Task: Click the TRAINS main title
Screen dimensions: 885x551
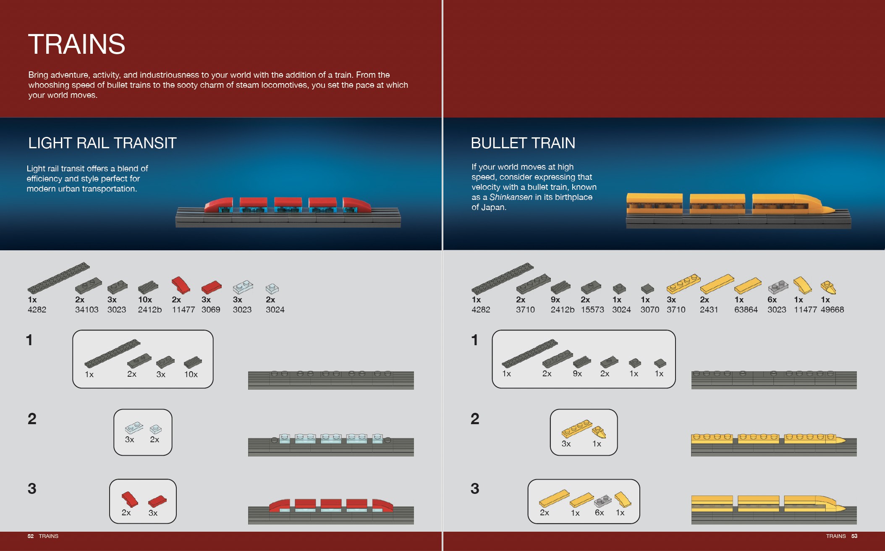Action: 76,44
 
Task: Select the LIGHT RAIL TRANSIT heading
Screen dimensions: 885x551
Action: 102,143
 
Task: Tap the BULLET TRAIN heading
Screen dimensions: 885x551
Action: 523,143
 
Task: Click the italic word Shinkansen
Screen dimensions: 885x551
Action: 511,197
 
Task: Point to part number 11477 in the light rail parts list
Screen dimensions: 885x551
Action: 183,310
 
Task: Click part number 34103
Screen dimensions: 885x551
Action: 87,310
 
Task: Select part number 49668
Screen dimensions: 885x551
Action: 832,310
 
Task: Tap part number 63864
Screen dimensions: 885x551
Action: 746,310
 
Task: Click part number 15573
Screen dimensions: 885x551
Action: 592,310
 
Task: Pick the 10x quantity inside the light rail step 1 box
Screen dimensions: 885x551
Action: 191,374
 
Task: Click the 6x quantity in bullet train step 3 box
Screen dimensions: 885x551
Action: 600,512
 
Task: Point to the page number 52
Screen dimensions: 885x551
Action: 31,536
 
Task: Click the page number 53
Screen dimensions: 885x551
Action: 854,536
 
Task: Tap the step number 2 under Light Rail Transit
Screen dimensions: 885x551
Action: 32,419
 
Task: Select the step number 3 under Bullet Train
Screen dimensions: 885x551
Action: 475,488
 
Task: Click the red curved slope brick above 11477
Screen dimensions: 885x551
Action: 181,285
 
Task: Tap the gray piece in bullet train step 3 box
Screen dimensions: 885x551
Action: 603,501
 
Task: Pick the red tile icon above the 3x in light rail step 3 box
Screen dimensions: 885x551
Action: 157,501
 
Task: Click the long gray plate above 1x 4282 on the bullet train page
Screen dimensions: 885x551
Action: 503,278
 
